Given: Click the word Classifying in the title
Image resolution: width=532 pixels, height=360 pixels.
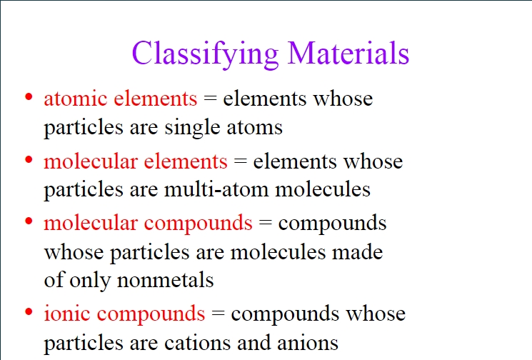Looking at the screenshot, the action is click(205, 54).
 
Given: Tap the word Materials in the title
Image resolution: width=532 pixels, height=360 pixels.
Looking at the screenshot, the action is click(348, 53).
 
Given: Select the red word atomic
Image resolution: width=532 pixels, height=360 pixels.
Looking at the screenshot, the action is click(76, 99).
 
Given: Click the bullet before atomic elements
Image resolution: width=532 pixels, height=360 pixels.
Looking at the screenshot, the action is click(29, 97).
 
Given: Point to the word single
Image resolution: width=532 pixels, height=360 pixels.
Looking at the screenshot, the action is click(192, 128).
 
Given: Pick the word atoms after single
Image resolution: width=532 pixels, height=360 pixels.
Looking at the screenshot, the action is click(254, 129).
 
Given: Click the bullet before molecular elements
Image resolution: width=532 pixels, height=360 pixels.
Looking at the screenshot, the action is click(29, 159).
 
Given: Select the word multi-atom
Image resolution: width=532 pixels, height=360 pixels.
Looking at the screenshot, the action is click(216, 189).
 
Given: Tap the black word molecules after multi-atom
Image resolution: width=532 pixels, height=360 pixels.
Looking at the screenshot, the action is click(323, 189).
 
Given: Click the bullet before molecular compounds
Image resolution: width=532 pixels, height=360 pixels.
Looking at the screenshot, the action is click(29, 221).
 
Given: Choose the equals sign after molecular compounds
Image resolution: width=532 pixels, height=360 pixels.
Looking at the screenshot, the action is click(266, 223).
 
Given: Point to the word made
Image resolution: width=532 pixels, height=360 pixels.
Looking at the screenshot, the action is click(357, 252).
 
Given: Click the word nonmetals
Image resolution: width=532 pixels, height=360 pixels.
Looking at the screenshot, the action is click(165, 280).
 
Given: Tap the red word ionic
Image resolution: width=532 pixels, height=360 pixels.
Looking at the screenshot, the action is click(67, 313).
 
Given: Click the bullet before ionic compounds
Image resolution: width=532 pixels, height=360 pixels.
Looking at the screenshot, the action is click(29, 311).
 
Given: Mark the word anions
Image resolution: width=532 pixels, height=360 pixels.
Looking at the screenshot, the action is click(308, 343).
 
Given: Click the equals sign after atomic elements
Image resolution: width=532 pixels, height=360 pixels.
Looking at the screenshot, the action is click(210, 99).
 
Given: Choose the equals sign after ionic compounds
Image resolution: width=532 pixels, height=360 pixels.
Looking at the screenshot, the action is click(218, 313).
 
